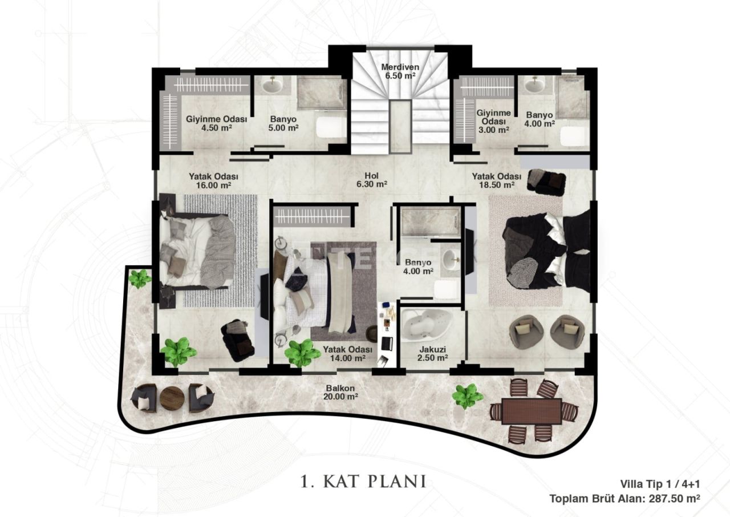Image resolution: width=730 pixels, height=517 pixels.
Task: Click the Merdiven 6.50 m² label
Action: click(x=400, y=71)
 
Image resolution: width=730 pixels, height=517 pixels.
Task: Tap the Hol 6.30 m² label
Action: click(x=371, y=180)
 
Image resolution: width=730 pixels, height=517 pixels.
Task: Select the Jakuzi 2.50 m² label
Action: click(x=432, y=354)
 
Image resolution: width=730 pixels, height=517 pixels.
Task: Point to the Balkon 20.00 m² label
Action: click(x=340, y=393)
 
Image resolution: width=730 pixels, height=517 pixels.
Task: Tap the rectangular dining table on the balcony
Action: click(x=532, y=411)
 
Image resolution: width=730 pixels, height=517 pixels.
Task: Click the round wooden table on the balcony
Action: click(x=172, y=398)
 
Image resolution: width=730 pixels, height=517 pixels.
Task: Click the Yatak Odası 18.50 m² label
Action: click(x=497, y=180)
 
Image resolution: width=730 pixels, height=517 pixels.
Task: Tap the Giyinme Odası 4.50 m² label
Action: click(x=216, y=123)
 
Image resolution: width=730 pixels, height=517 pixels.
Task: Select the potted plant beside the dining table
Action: click(x=467, y=396)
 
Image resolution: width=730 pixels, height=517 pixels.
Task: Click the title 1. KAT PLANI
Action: click(x=363, y=481)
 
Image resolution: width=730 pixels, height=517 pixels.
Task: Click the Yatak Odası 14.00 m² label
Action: click(x=347, y=354)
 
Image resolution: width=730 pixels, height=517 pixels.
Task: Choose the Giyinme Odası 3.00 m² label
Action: click(x=494, y=122)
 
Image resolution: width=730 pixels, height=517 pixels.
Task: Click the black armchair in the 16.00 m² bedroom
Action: click(x=238, y=340)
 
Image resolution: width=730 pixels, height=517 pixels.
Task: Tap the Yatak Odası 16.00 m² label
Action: click(x=213, y=181)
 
